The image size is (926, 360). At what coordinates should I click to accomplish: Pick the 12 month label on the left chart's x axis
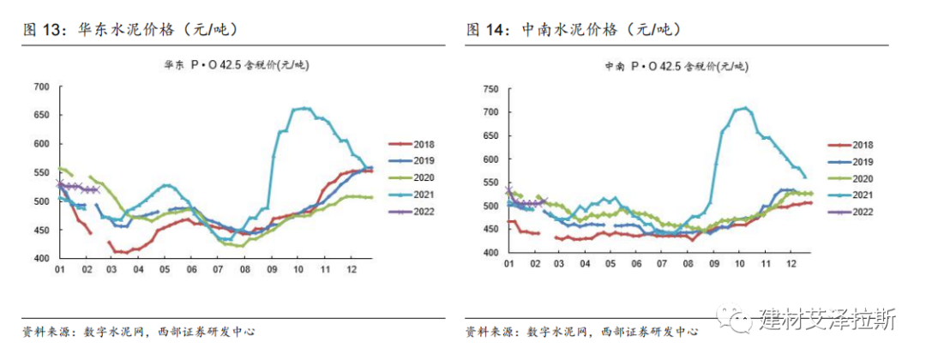click(x=352, y=269)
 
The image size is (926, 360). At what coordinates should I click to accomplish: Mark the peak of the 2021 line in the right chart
click(x=744, y=108)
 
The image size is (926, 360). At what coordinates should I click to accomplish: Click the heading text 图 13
click(x=44, y=30)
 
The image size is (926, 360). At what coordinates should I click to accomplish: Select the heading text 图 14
click(x=488, y=30)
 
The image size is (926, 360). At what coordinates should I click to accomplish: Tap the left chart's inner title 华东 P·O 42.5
click(x=238, y=65)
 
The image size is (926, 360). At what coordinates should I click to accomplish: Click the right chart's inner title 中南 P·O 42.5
click(x=674, y=65)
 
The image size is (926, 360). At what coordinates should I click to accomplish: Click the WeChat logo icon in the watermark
click(x=738, y=320)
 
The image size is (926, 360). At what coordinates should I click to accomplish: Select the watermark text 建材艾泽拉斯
click(x=827, y=320)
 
